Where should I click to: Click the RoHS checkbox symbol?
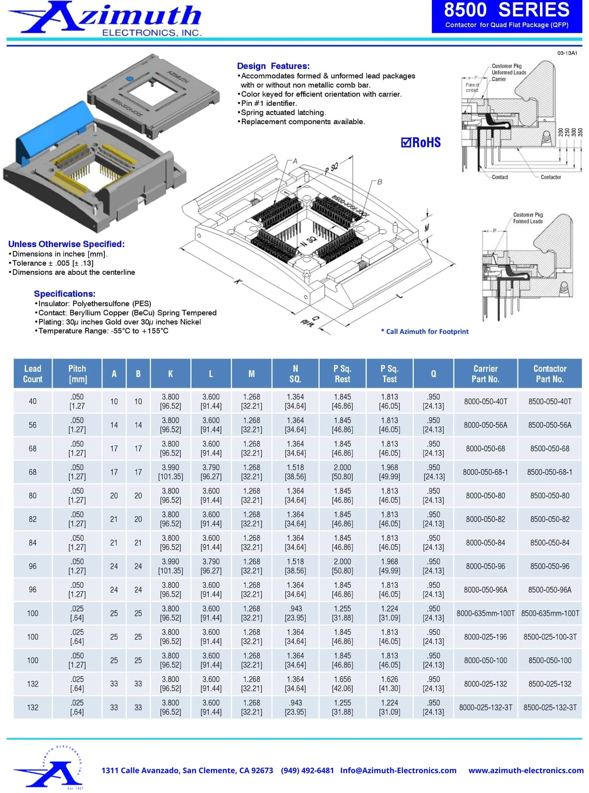click(x=406, y=143)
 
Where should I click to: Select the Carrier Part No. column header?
click(x=485, y=374)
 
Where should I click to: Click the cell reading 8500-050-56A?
click(x=549, y=425)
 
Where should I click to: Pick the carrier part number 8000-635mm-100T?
click(x=485, y=613)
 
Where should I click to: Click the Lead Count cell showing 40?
click(x=32, y=402)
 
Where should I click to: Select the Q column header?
click(x=433, y=374)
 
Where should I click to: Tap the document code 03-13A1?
click(x=567, y=53)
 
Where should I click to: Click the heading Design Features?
click(x=273, y=66)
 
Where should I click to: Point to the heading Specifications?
click(x=65, y=294)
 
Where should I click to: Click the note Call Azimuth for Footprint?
click(x=425, y=332)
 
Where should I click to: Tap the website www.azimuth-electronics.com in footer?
click(x=526, y=770)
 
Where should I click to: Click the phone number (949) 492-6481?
click(x=307, y=770)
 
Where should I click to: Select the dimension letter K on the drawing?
click(x=238, y=281)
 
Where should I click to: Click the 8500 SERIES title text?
click(x=507, y=10)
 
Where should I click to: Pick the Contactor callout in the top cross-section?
click(x=551, y=177)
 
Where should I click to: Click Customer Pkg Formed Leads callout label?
click(x=528, y=218)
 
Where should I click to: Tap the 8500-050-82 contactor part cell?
click(x=549, y=519)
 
